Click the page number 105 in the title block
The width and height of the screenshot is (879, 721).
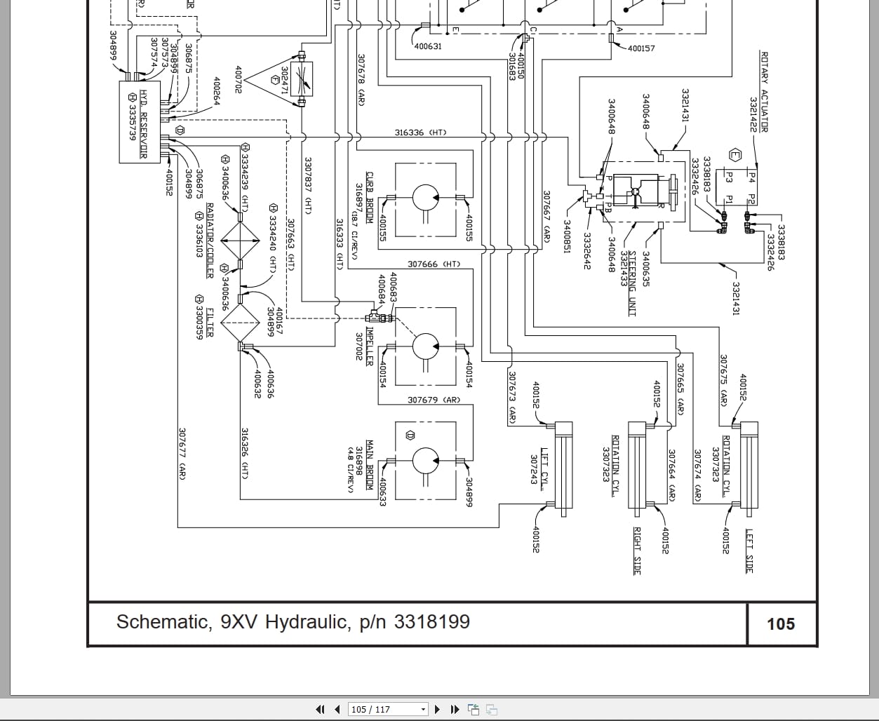pos(781,624)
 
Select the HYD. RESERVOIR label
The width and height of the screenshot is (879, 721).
pos(142,123)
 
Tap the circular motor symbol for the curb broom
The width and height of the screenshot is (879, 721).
pos(425,197)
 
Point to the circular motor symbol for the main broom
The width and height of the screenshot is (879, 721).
pos(425,461)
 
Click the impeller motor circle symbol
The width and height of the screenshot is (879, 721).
pos(425,346)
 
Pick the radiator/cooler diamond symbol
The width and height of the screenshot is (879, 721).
pos(240,241)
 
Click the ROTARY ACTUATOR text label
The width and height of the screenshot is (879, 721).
pos(764,91)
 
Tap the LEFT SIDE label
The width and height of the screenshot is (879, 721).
pos(749,551)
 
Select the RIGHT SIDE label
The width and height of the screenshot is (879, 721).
pos(637,551)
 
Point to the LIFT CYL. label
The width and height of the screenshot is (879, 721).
pos(544,464)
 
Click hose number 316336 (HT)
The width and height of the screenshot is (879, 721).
pos(420,133)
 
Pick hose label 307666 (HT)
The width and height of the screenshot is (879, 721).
pos(434,264)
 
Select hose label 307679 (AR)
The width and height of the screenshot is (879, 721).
pos(434,400)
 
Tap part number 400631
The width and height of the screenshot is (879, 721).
pos(428,47)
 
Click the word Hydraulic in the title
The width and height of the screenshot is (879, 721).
pos(306,622)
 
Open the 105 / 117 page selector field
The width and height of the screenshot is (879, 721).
pos(387,709)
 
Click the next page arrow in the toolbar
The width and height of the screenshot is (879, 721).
pos(438,709)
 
